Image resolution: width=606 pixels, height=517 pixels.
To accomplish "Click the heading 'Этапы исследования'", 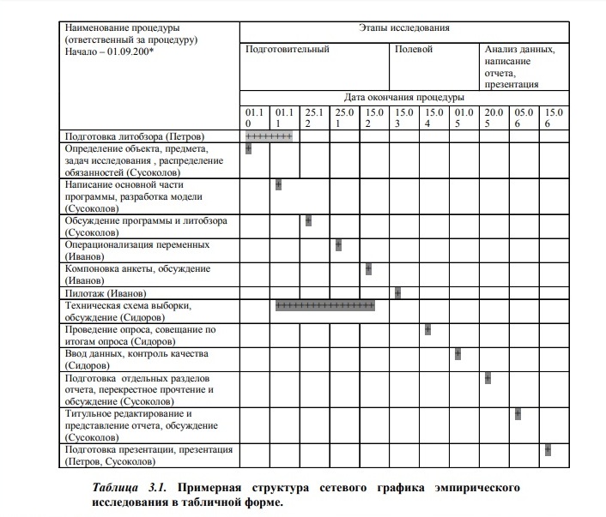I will click(403, 28).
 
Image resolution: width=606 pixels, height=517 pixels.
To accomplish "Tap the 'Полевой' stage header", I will click(414, 50).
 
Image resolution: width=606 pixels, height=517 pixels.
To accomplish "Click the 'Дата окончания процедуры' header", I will click(403, 98).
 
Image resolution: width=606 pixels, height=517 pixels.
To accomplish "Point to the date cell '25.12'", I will click(314, 118).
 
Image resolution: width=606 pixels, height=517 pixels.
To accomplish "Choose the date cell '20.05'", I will click(494, 118).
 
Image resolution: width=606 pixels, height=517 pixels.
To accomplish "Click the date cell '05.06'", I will click(524, 118).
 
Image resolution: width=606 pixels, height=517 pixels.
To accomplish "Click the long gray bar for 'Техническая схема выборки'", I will click(324, 305).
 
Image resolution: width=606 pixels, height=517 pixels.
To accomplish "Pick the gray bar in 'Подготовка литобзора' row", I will click(269, 136).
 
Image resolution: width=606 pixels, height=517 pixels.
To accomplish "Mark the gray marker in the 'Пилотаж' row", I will click(398, 293).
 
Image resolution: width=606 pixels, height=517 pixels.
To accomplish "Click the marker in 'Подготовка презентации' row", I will click(548, 450).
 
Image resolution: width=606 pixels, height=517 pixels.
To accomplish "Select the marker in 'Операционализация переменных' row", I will click(338, 244).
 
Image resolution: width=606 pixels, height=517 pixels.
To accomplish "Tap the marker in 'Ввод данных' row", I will click(458, 353).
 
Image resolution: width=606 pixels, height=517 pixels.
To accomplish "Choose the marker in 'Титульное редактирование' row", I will click(518, 414).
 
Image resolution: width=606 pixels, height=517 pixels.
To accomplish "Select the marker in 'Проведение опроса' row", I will click(427, 329).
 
